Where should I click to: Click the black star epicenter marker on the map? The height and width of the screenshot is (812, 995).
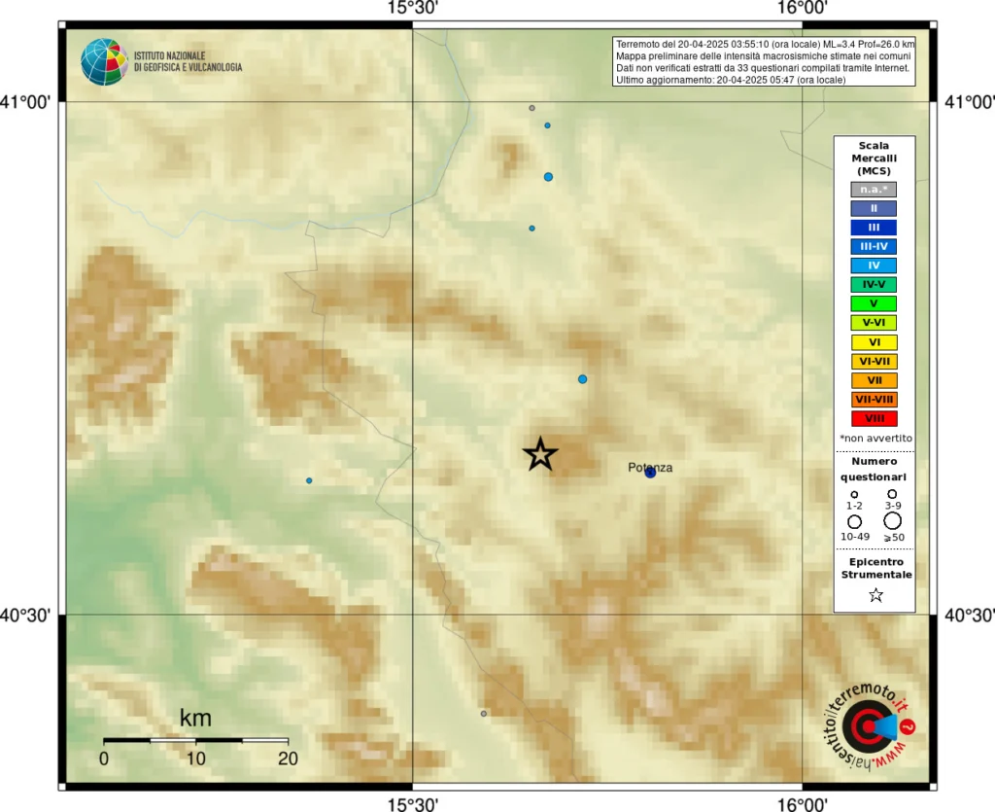[540, 453]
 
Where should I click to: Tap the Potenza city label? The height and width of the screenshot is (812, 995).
[650, 468]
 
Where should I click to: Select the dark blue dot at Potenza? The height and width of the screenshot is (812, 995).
[650, 473]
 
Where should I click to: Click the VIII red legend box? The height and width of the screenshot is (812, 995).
[874, 418]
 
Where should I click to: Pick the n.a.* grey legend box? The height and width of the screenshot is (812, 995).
[874, 189]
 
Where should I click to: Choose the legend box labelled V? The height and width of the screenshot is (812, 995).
[874, 303]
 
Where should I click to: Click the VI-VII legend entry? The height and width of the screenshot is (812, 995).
[874, 361]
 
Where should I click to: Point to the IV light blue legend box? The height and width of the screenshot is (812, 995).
[874, 265]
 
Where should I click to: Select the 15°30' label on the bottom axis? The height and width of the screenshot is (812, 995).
[413, 803]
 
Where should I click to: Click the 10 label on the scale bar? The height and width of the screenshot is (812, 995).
[195, 759]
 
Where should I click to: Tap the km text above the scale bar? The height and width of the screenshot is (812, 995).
[195, 719]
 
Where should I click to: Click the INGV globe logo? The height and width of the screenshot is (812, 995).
[104, 61]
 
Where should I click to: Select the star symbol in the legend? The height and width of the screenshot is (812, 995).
[875, 595]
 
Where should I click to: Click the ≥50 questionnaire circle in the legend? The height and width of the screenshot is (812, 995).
[892, 521]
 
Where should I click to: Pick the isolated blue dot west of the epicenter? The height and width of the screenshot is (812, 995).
[309, 480]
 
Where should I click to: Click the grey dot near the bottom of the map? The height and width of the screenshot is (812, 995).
[484, 713]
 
